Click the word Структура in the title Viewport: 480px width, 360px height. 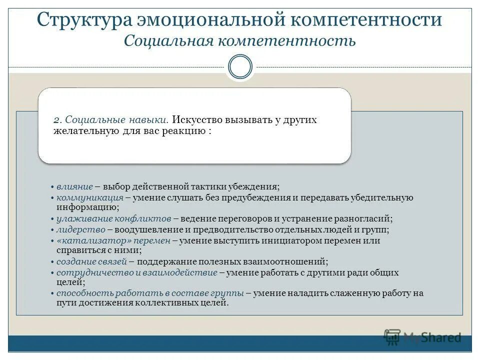pyautogui.click(x=83, y=20)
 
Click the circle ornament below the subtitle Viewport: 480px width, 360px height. pyautogui.click(x=240, y=67)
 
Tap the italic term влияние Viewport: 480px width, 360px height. pyautogui.click(x=74, y=186)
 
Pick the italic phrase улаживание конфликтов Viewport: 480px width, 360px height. pyautogui.click(x=114, y=219)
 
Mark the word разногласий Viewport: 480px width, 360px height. pyautogui.click(x=363, y=219)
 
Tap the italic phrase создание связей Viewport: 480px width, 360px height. pyautogui.click(x=92, y=261)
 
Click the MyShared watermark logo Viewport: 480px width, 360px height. pyautogui.click(x=423, y=337)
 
